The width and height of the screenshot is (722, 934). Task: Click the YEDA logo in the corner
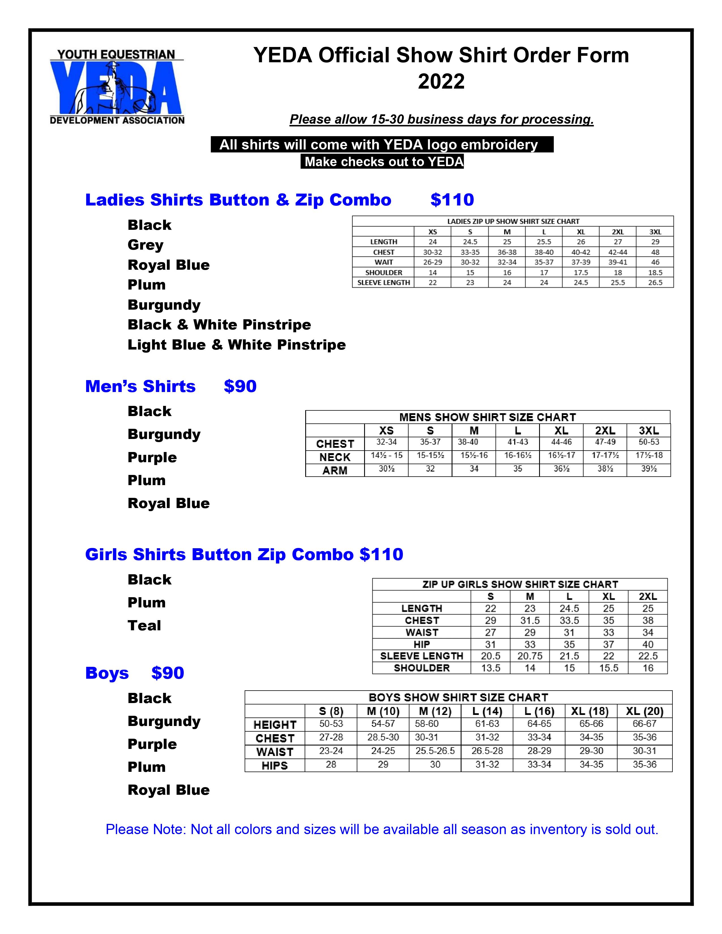pyautogui.click(x=117, y=87)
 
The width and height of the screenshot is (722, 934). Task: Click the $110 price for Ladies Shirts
pyautogui.click(x=452, y=200)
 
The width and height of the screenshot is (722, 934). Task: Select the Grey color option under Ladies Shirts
pyautogui.click(x=146, y=245)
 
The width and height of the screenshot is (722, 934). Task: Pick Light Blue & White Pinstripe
pyautogui.click(x=236, y=345)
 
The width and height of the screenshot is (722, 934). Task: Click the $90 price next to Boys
pyautogui.click(x=168, y=673)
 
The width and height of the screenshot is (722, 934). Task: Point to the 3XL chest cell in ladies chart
pyautogui.click(x=655, y=252)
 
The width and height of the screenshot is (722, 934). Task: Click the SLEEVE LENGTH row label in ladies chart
pyautogui.click(x=384, y=283)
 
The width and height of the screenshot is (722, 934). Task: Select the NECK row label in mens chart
pyautogui.click(x=335, y=457)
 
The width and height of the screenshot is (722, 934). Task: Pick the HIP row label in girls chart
pyautogui.click(x=422, y=644)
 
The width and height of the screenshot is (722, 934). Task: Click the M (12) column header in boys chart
pyautogui.click(x=435, y=711)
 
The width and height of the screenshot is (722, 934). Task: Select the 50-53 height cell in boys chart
pyautogui.click(x=331, y=724)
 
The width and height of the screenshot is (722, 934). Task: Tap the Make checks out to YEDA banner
pyautogui.click(x=382, y=162)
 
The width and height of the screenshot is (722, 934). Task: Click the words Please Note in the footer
pyautogui.click(x=146, y=829)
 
